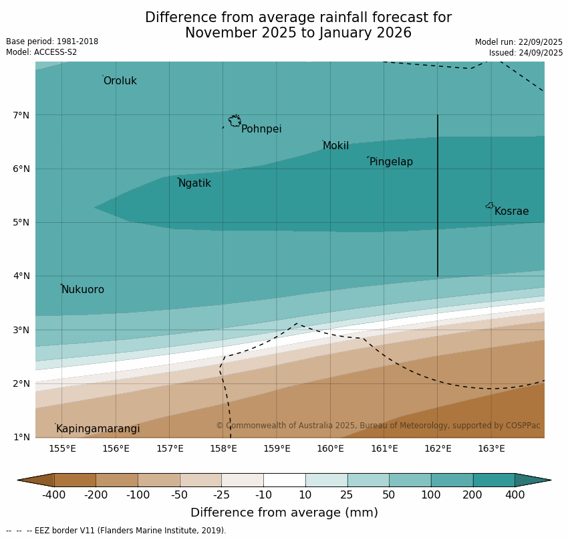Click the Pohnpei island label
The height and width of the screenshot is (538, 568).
261,129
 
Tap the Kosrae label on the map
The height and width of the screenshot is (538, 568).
511,211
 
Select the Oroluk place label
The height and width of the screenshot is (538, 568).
120,81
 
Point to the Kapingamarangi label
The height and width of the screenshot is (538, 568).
98,429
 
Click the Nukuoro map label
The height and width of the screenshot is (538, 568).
82,290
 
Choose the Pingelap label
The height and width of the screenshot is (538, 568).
391,162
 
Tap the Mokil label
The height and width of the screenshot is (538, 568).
335,146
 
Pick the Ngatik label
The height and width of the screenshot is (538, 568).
194,183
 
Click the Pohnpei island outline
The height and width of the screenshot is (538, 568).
235,121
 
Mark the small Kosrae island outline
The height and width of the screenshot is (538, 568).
490,205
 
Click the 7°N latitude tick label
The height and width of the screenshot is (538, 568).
21,115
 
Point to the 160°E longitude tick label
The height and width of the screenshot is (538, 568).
330,448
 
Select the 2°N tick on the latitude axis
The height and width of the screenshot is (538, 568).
21,384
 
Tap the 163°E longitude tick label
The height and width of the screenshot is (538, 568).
491,448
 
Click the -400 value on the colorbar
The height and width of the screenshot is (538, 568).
54,495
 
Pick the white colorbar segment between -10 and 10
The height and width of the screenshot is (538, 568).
284,480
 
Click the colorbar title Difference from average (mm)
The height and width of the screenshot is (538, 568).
284,513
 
